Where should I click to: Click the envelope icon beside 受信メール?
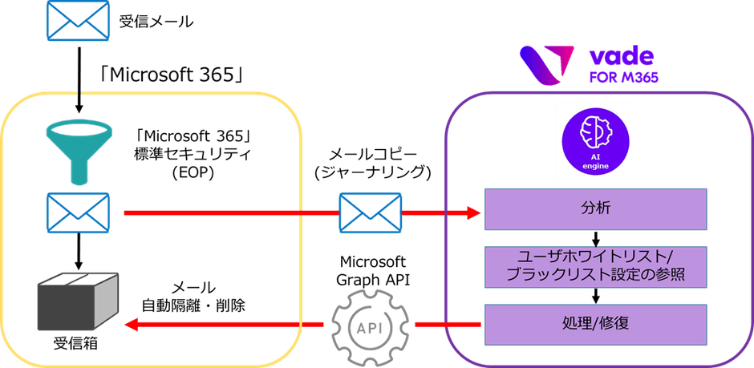[78, 22]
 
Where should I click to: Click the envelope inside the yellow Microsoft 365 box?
[78, 212]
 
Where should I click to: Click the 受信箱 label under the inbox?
[77, 350]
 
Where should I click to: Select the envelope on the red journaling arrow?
[370, 212]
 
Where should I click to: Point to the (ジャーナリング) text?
[371, 172]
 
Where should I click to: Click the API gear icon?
[368, 325]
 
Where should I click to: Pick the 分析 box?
[594, 208]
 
